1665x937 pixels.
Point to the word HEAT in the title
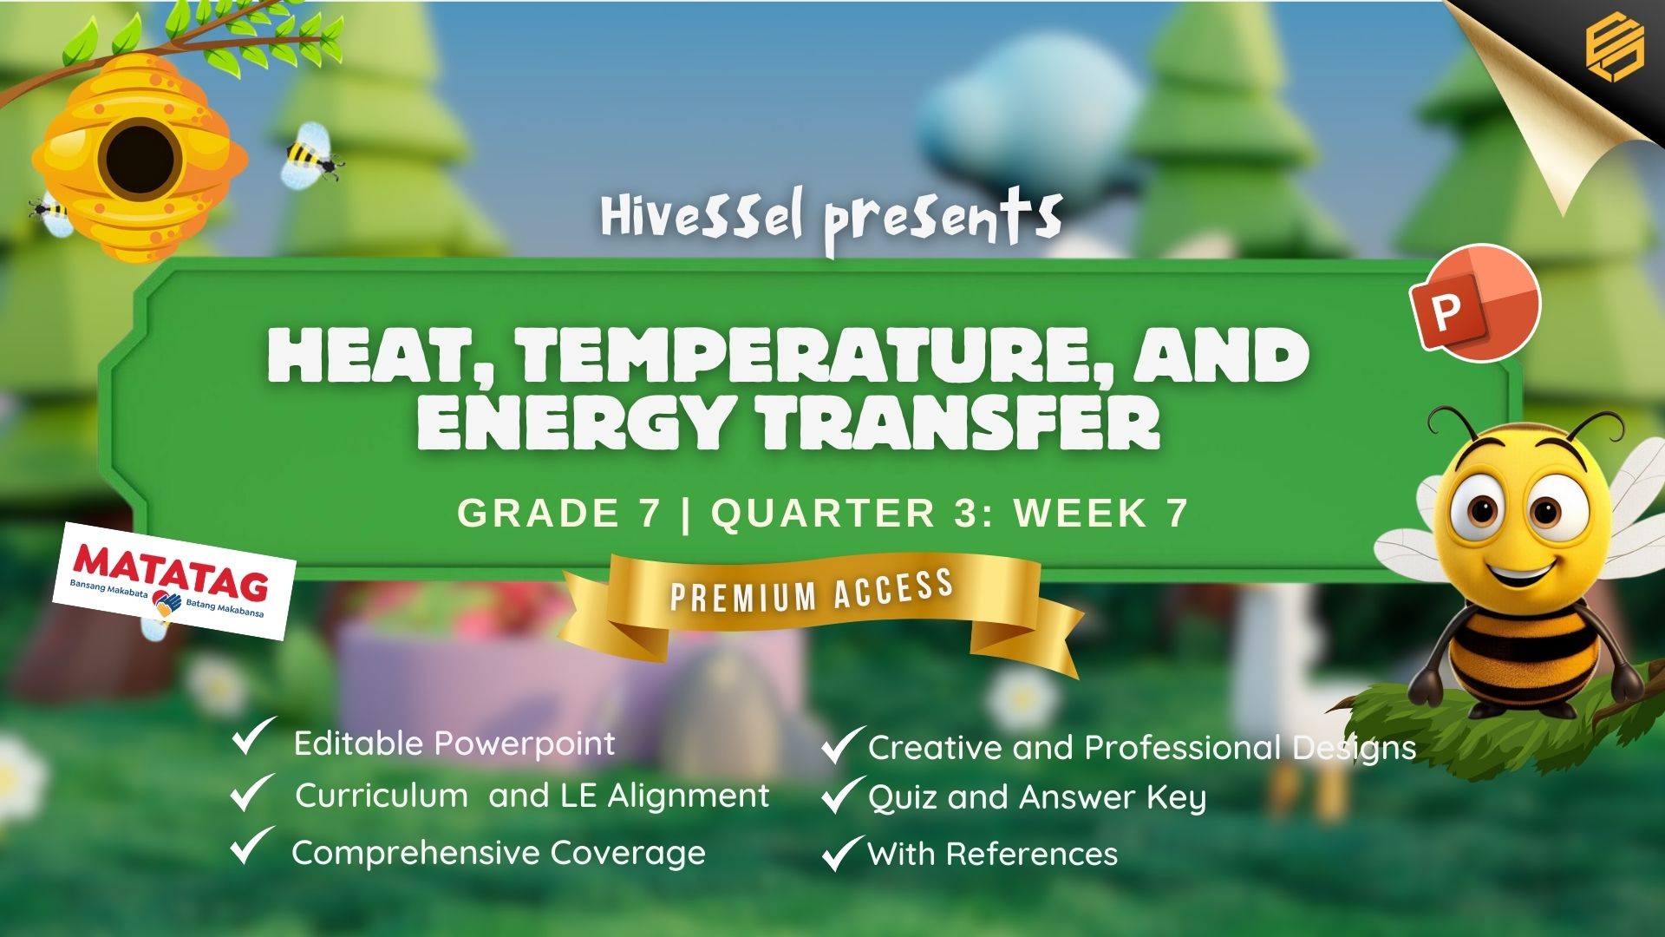point(383,357)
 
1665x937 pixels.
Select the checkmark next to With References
point(842,853)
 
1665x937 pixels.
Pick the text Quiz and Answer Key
point(1037,798)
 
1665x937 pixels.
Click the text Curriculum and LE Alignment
point(532,796)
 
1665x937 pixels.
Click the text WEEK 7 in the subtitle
point(1101,513)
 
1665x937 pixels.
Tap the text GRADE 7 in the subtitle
point(559,513)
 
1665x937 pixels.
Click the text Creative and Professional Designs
point(1142,748)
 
